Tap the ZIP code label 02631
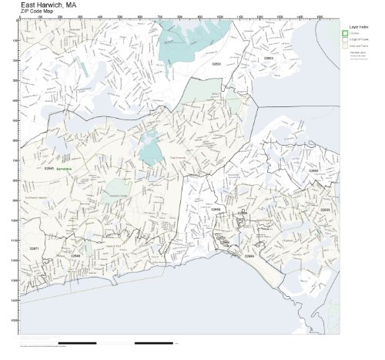coord(216,64)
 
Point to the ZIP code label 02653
coord(269,58)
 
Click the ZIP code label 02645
coord(49,168)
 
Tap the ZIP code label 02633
coord(324,209)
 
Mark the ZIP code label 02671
coord(34,249)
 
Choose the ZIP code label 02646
coord(76,256)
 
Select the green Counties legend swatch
coord(346,33)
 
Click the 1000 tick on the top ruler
coord(220,17)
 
